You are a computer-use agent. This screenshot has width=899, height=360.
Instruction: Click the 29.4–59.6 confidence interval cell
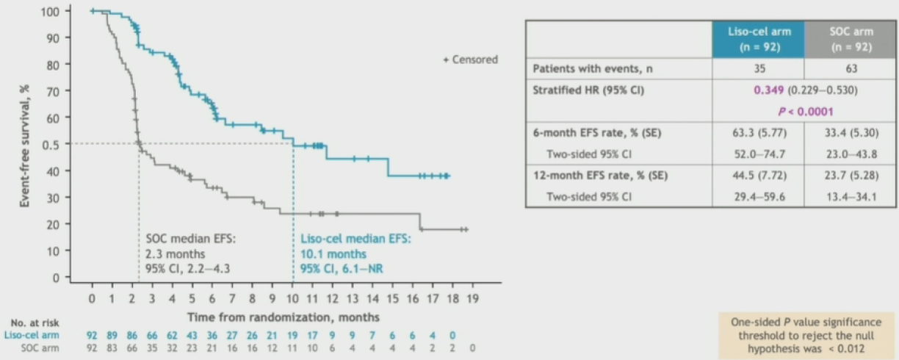759,196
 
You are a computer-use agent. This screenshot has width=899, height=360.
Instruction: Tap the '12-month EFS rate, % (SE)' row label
600,176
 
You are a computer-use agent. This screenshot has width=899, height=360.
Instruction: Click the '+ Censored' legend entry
470,60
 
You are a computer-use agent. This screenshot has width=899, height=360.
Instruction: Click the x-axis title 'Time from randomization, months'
283,317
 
